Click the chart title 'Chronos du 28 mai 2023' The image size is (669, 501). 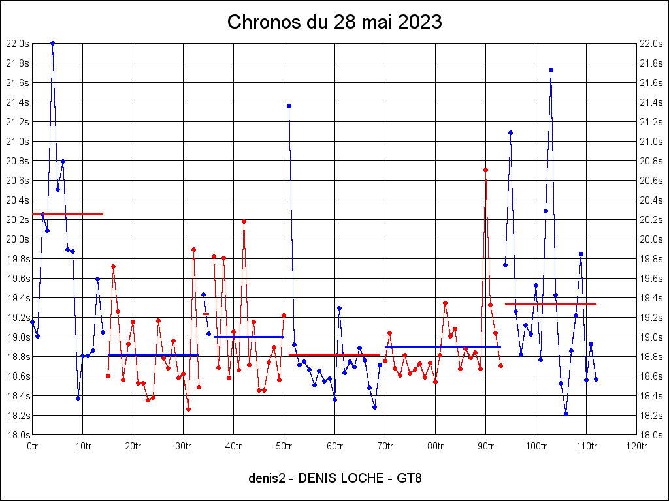(334, 22)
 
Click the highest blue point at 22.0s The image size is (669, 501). (52, 43)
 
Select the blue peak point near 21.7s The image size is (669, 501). (551, 70)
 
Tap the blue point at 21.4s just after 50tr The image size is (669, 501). (289, 106)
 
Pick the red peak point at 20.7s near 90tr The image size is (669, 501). (485, 170)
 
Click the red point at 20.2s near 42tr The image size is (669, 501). (244, 221)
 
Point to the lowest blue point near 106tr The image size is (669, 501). (566, 414)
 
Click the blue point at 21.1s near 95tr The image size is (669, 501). (510, 132)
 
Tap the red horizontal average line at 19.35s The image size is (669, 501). (551, 303)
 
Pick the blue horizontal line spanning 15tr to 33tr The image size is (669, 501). (154, 355)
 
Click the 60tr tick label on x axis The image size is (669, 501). (334, 446)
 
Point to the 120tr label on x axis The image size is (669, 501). (636, 446)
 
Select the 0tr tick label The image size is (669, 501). (32, 446)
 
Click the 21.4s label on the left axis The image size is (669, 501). (18, 102)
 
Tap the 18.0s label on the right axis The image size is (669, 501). (652, 435)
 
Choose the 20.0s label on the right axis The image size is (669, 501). (652, 239)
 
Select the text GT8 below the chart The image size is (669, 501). (409, 478)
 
